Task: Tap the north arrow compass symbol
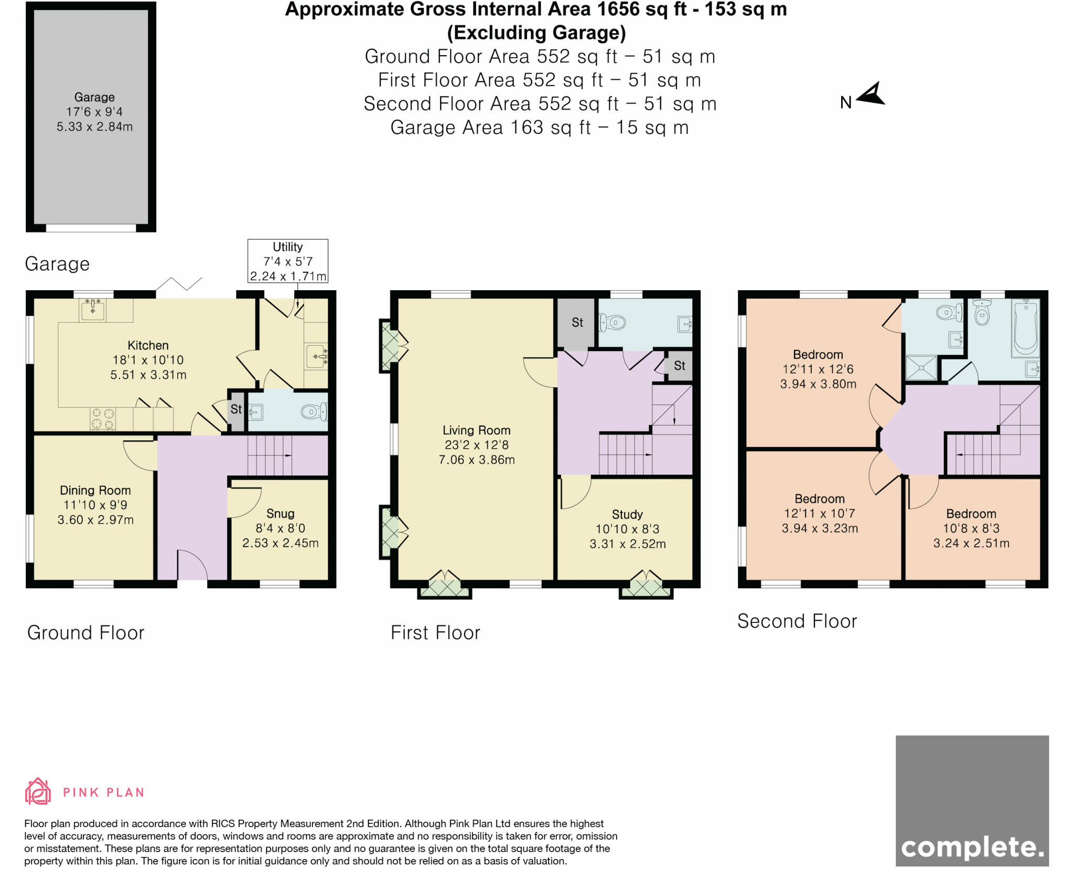[x=871, y=94]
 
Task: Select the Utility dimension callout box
[x=288, y=261]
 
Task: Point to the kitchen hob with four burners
[x=103, y=419]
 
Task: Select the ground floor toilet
[x=314, y=412]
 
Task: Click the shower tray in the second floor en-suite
[x=921, y=367]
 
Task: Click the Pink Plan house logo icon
[x=38, y=791]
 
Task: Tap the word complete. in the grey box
[x=972, y=847]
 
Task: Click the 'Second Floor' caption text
[x=797, y=621]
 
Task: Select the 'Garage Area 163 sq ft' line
[x=539, y=128]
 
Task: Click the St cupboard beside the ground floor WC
[x=237, y=410]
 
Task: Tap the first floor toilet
[x=613, y=322]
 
